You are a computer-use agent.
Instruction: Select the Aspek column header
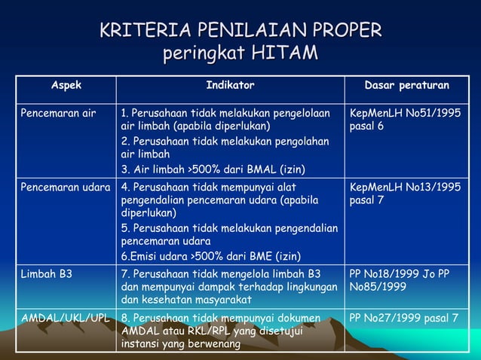[66, 86]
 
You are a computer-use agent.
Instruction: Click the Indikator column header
[230, 86]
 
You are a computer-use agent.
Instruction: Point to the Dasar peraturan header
[406, 86]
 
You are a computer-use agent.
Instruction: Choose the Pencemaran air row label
[58, 113]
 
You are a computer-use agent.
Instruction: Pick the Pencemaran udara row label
[65, 187]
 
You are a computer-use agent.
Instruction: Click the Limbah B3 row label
[47, 273]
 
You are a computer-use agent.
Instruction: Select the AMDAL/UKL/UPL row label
[66, 318]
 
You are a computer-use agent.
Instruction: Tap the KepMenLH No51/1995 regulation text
[405, 113]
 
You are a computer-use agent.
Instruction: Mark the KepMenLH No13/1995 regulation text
[405, 187]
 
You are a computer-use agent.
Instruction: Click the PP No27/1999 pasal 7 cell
[403, 318]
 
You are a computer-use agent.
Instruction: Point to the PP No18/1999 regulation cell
[399, 273]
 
